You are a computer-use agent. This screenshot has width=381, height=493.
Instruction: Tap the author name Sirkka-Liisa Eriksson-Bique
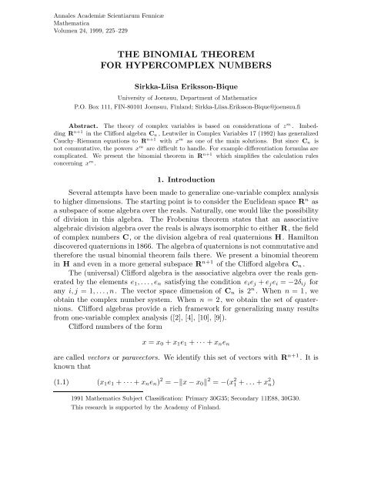[189, 89]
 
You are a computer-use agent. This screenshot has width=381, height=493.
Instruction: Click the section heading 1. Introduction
[189, 200]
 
